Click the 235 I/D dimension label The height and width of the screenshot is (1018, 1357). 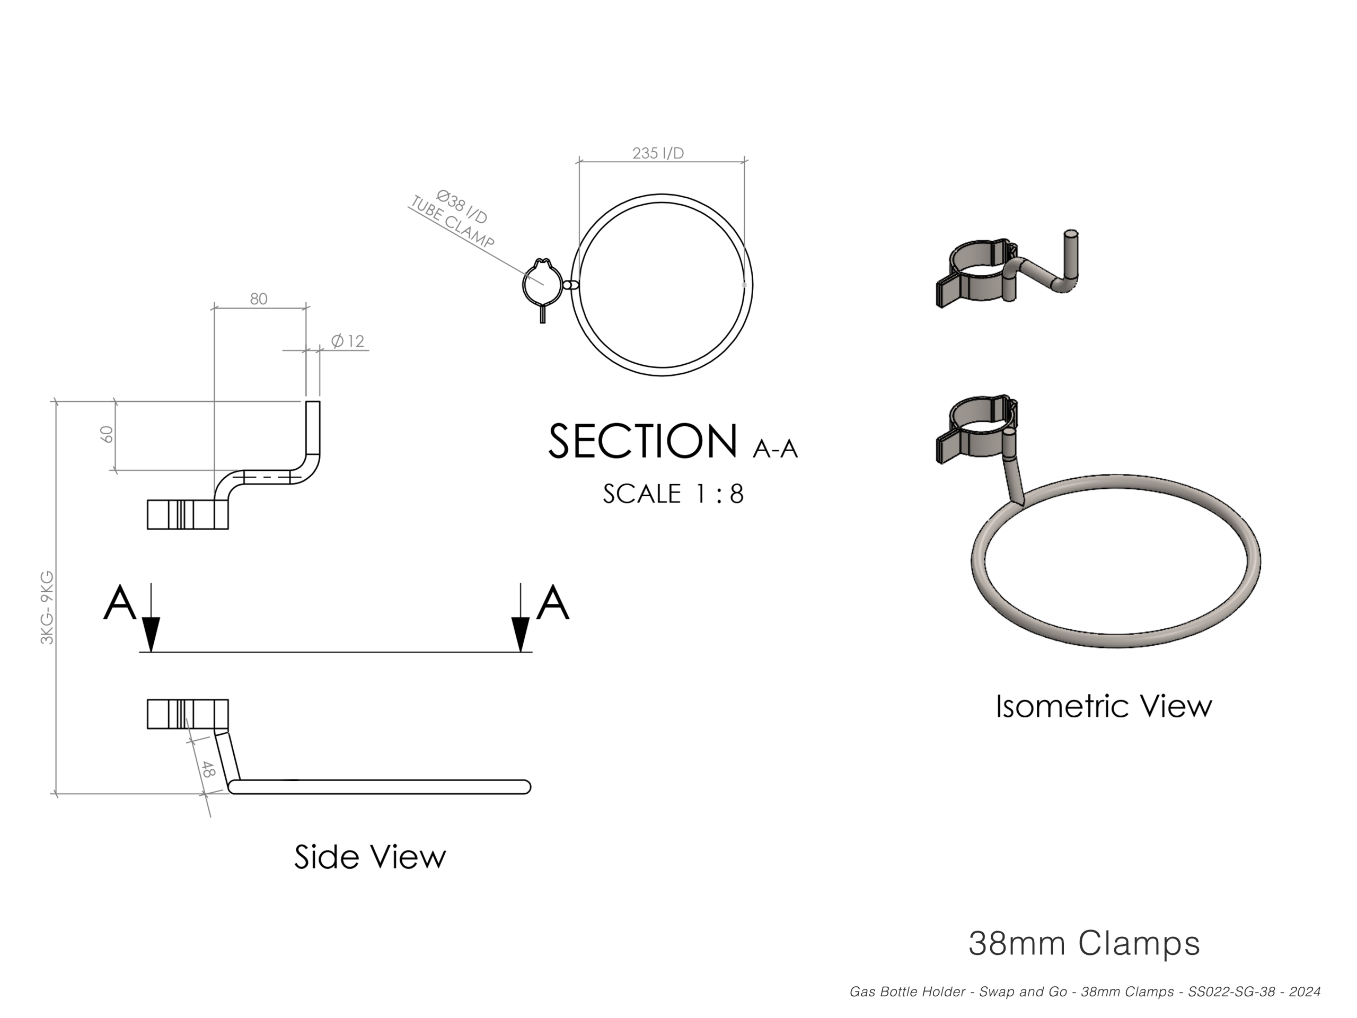click(x=658, y=153)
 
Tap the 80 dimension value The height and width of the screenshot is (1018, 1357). click(x=258, y=299)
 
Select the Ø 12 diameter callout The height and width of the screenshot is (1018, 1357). click(x=348, y=340)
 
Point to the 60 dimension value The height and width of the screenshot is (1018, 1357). click(x=107, y=434)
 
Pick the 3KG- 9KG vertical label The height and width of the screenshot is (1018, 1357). click(x=47, y=608)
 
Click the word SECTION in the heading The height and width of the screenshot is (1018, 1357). click(x=643, y=441)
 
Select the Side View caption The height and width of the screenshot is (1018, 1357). click(x=370, y=857)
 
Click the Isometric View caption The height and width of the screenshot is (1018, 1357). click(x=1104, y=706)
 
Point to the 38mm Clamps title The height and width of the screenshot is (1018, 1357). click(x=1084, y=943)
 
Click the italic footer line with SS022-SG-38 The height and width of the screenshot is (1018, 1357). click(x=1085, y=992)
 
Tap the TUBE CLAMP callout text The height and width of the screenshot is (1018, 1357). click(x=452, y=222)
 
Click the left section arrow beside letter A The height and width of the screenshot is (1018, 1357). click(x=151, y=617)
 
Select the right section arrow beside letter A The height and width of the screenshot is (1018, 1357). click(x=521, y=617)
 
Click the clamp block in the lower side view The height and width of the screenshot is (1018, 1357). click(x=188, y=714)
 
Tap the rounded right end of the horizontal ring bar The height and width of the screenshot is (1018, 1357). click(x=525, y=787)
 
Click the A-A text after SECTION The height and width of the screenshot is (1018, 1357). click(x=776, y=449)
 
